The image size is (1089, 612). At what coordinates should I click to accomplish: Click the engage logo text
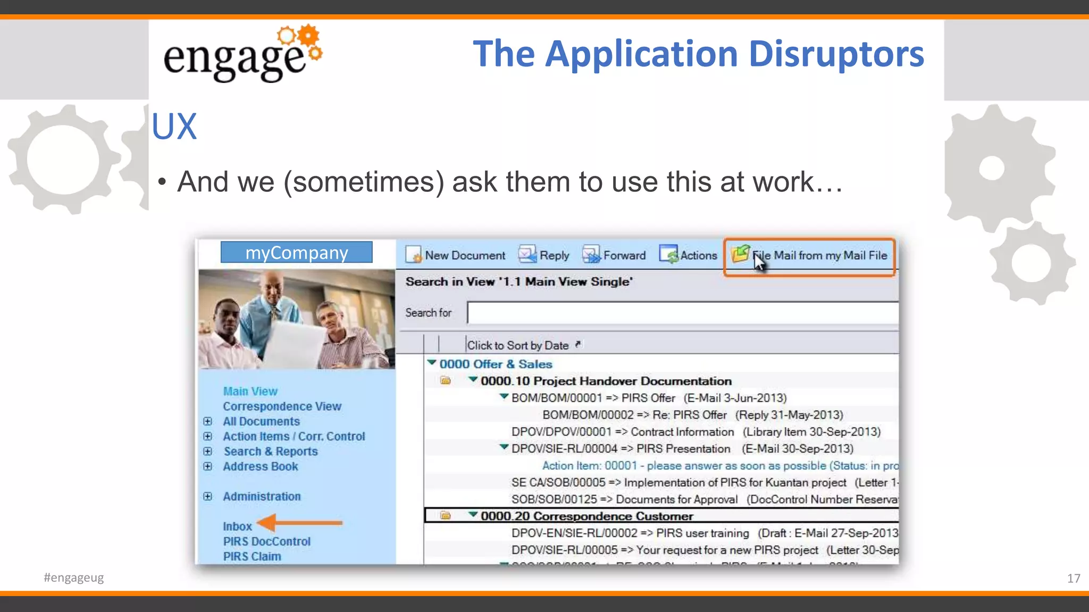[234, 58]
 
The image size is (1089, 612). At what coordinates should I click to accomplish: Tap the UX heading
[174, 126]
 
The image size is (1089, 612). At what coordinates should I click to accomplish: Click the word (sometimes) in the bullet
[364, 182]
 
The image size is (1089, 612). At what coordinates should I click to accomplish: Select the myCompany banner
[296, 253]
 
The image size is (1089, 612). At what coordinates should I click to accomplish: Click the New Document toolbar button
[456, 256]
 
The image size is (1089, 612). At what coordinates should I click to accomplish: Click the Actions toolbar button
[689, 256]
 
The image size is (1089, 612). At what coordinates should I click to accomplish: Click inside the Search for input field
[681, 313]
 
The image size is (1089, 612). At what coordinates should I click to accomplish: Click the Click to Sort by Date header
[518, 345]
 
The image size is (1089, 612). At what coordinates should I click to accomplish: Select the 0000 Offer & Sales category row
[495, 364]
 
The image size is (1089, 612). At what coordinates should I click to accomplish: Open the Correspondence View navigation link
[282, 406]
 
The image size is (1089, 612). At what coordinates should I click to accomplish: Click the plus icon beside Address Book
[208, 466]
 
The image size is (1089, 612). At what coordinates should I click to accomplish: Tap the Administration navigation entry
[262, 497]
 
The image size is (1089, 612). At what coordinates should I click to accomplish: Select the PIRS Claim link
[252, 556]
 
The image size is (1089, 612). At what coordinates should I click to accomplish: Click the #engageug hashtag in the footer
[74, 577]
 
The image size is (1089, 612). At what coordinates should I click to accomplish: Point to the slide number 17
[1073, 578]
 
